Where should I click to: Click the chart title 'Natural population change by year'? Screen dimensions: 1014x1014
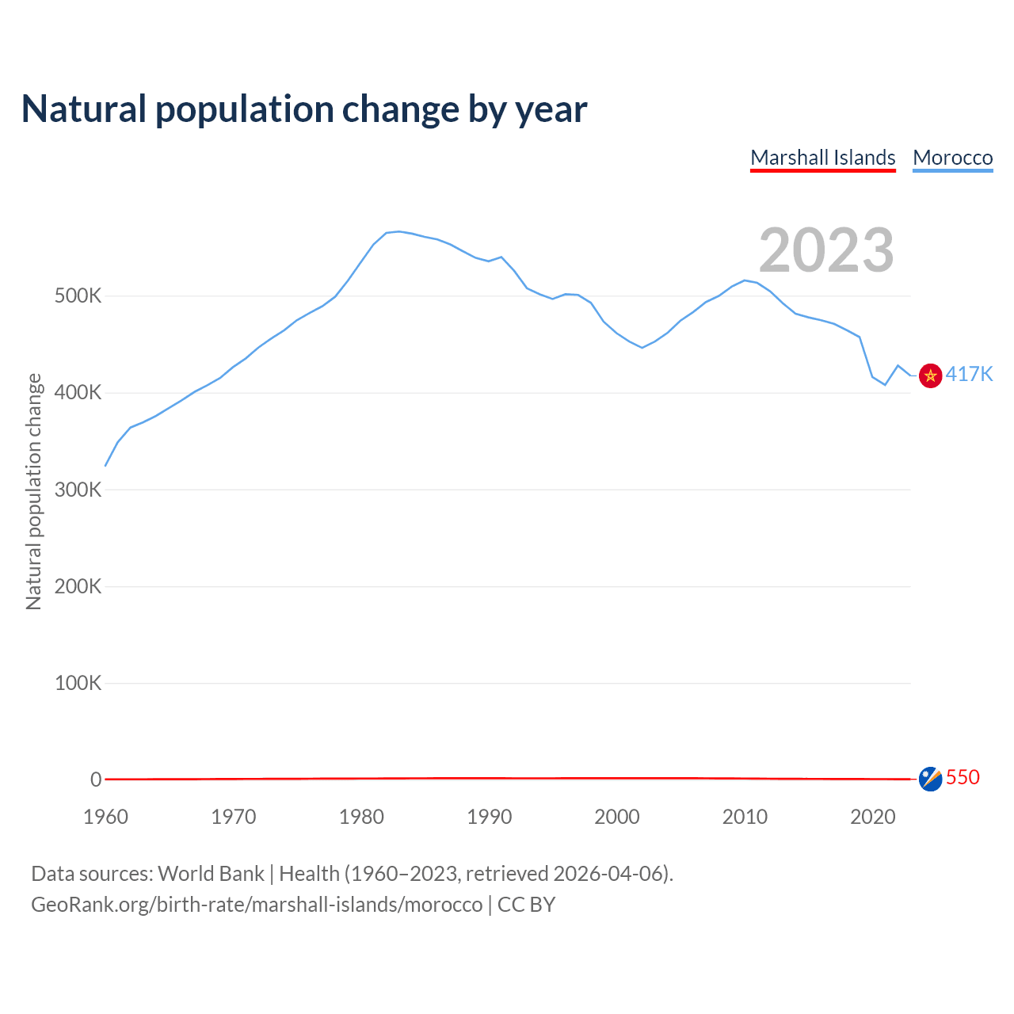click(304, 109)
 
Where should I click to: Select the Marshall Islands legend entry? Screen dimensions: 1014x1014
click(822, 158)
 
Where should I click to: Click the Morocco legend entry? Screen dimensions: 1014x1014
click(952, 158)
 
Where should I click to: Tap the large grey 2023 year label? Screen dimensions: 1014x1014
click(826, 250)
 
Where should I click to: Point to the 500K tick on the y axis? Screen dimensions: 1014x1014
click(78, 296)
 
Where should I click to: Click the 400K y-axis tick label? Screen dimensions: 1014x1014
click(78, 393)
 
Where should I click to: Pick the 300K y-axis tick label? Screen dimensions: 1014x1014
click(78, 490)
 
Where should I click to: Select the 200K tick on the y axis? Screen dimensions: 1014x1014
click(78, 586)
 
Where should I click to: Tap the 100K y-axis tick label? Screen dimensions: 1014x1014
click(78, 683)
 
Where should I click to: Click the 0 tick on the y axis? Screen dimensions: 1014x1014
click(96, 780)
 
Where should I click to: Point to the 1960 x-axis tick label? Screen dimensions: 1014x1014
click(105, 817)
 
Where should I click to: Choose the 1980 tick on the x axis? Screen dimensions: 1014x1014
click(361, 817)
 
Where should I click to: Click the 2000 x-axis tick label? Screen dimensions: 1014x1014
click(616, 817)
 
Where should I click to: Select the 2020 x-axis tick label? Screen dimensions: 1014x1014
click(872, 817)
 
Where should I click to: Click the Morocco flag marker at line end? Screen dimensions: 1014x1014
click(930, 375)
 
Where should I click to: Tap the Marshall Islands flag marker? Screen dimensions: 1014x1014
click(930, 779)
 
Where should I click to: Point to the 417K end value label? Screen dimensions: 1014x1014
click(969, 374)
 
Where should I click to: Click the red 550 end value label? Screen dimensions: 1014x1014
click(963, 777)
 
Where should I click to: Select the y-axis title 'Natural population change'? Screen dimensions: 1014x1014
click(33, 491)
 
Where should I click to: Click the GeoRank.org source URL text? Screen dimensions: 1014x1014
click(257, 904)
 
